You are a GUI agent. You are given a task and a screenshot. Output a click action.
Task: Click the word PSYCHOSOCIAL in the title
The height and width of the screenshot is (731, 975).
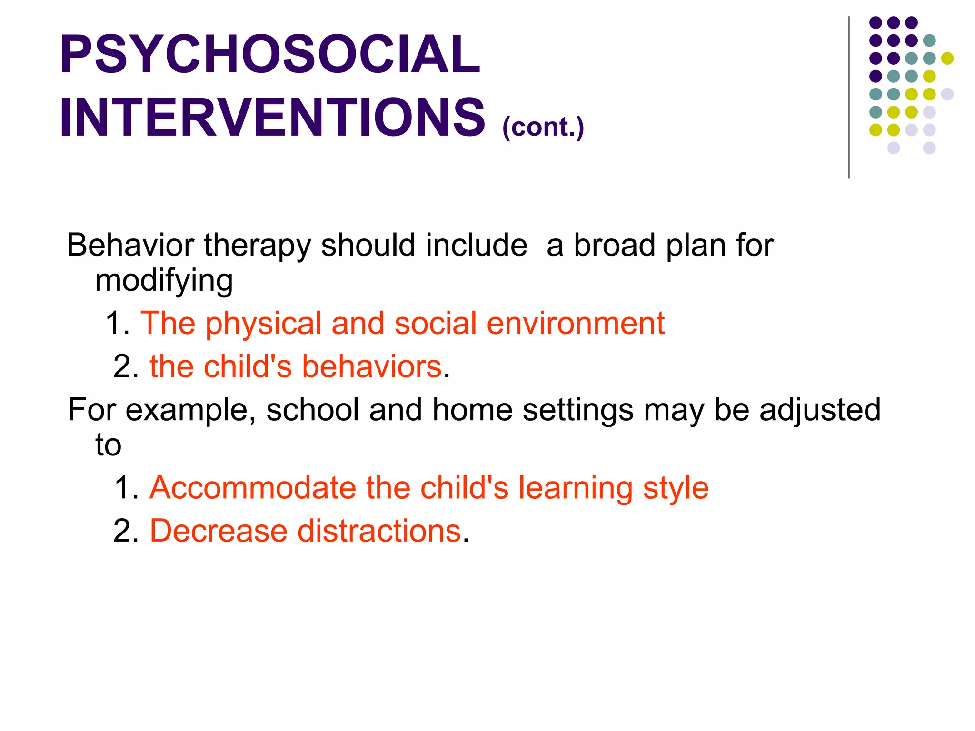[x=269, y=55]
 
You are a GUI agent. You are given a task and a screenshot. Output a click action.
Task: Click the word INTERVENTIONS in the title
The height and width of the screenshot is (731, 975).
[x=272, y=118]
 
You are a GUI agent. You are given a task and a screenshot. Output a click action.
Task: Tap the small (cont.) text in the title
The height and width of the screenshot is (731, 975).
[x=543, y=128]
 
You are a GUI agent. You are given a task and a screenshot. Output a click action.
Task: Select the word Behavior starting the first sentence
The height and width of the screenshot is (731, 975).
[x=130, y=246]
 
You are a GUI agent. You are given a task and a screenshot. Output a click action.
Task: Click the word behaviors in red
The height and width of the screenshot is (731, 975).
[x=371, y=367]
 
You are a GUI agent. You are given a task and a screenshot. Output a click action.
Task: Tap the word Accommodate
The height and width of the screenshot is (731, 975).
[x=253, y=488]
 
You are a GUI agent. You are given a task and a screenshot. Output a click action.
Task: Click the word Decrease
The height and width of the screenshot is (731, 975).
[x=219, y=531]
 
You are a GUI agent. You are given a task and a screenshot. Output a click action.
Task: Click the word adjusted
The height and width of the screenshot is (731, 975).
[x=820, y=410]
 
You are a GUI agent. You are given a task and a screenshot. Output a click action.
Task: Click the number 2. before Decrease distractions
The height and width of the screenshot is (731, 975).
[x=126, y=531]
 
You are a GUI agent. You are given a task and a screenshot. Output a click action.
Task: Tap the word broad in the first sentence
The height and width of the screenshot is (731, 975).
[x=615, y=246]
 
